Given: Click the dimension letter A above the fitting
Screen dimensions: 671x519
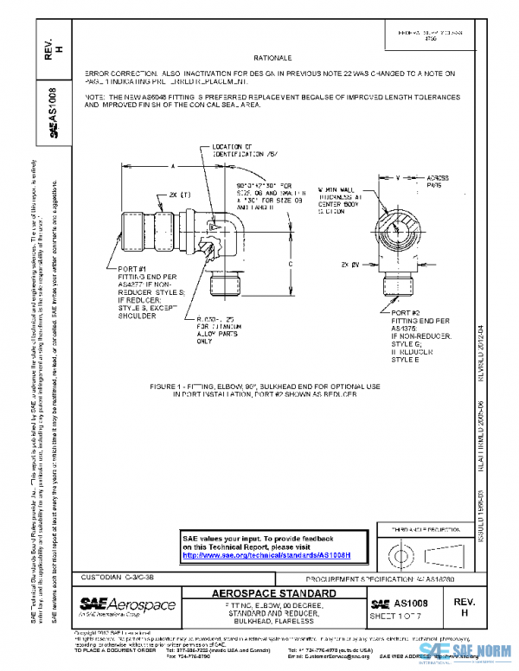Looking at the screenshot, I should tap(173, 164).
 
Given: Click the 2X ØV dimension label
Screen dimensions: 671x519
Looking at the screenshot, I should tap(350, 265).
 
